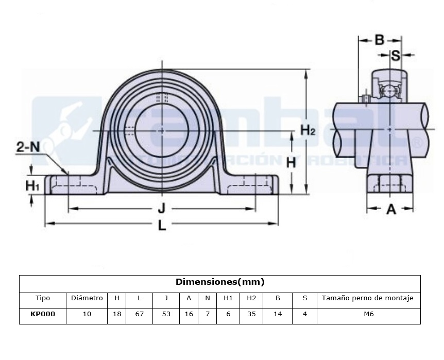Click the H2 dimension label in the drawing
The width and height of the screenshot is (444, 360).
pos(308,130)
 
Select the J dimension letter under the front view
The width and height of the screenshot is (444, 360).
pos(162,209)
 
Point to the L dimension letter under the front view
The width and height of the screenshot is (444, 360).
pos(162,225)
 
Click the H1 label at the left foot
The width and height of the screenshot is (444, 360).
pos(32,184)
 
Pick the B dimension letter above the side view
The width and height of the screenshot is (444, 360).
pos(380,40)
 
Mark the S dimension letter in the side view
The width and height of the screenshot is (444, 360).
pos(396,55)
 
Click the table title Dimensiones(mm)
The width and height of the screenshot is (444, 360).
pos(220,282)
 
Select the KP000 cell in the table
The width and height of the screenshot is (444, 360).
pos(43,314)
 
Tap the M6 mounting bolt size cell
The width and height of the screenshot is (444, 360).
pos(368,314)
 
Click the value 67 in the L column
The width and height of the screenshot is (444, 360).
pos(139,314)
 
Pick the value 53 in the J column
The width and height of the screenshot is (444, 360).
pos(166,314)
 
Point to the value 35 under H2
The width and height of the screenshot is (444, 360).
pos(251,314)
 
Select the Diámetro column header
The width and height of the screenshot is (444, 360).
pos(87,298)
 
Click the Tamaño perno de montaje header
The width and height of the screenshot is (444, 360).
pos(368,298)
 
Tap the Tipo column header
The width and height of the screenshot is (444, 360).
pos(43,298)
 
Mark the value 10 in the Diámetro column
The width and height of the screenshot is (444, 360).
pos(87,314)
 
